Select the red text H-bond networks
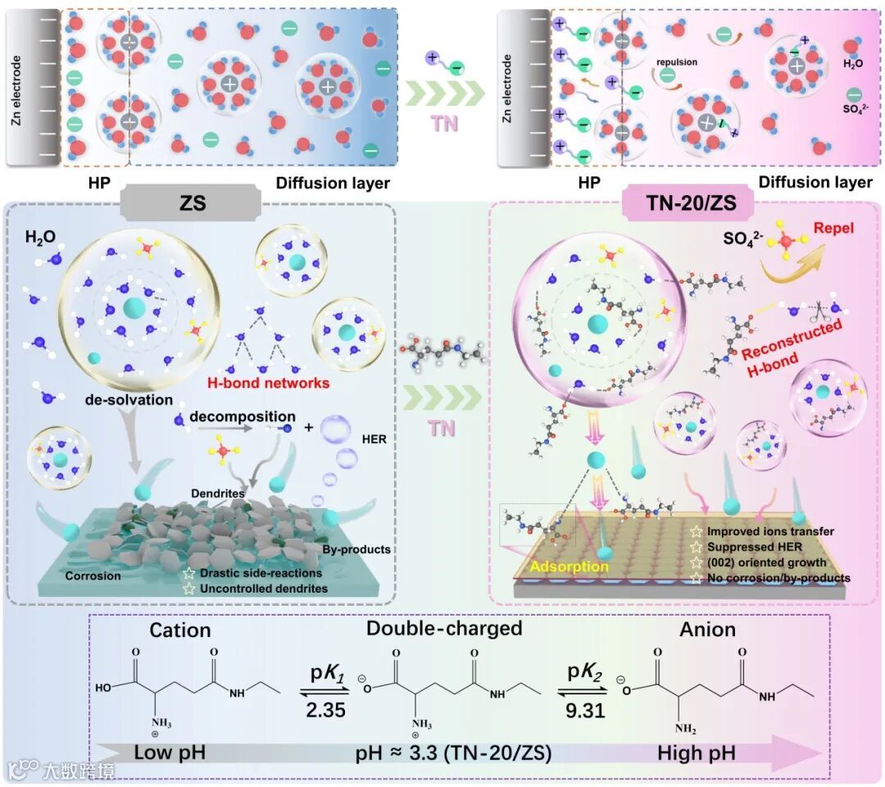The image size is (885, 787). [x=280, y=383]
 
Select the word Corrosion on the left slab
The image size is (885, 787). [x=93, y=575]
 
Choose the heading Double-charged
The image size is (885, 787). [x=445, y=629]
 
